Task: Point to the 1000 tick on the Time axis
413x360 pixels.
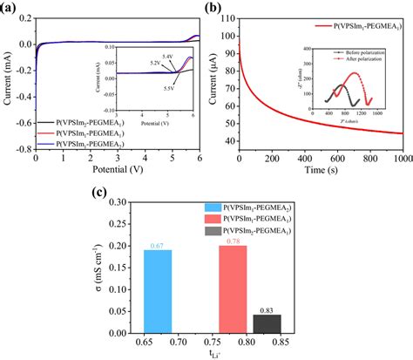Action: click(402, 159)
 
